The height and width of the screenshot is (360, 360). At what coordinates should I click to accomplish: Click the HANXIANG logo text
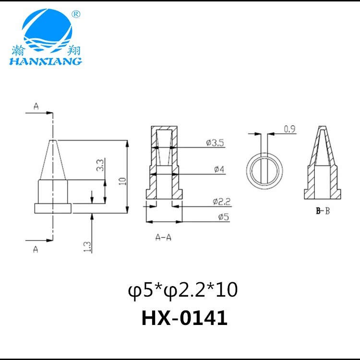point(45,61)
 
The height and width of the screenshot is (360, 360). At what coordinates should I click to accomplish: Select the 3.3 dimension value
point(100,166)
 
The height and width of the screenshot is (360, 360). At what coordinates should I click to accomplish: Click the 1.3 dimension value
point(87,247)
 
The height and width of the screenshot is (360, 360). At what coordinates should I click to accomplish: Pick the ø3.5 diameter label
point(215,143)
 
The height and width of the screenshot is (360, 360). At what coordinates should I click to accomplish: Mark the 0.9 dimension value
point(289,129)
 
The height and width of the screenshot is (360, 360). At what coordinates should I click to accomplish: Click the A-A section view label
point(163,237)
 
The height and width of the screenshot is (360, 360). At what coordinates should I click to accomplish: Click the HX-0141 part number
point(184,318)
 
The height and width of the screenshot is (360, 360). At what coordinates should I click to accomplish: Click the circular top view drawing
point(264,172)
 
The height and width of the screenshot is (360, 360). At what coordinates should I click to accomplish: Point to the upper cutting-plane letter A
point(36,106)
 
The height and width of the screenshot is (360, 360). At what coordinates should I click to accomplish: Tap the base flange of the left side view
point(53,208)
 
